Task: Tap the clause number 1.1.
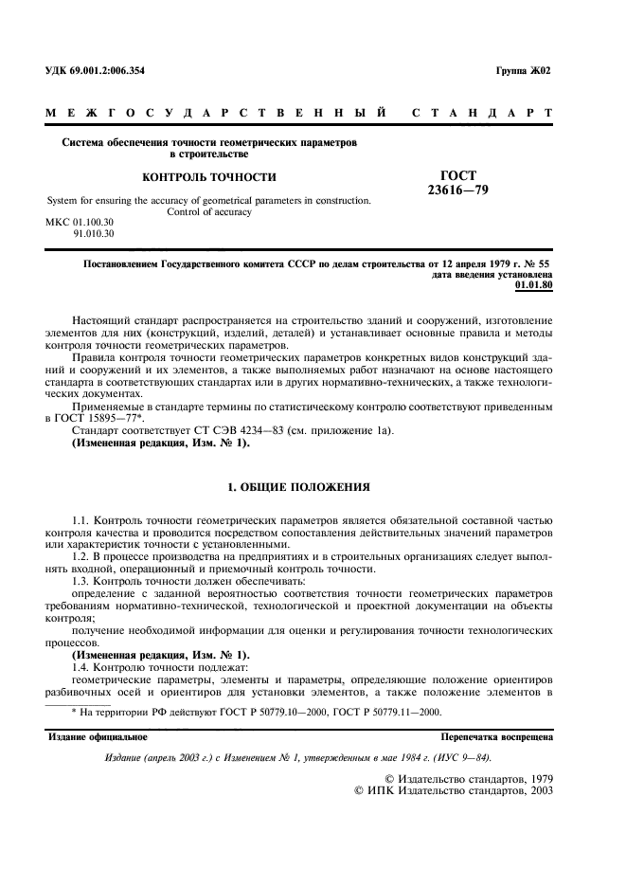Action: pos(82,521)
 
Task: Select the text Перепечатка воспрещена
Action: pos(497,735)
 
